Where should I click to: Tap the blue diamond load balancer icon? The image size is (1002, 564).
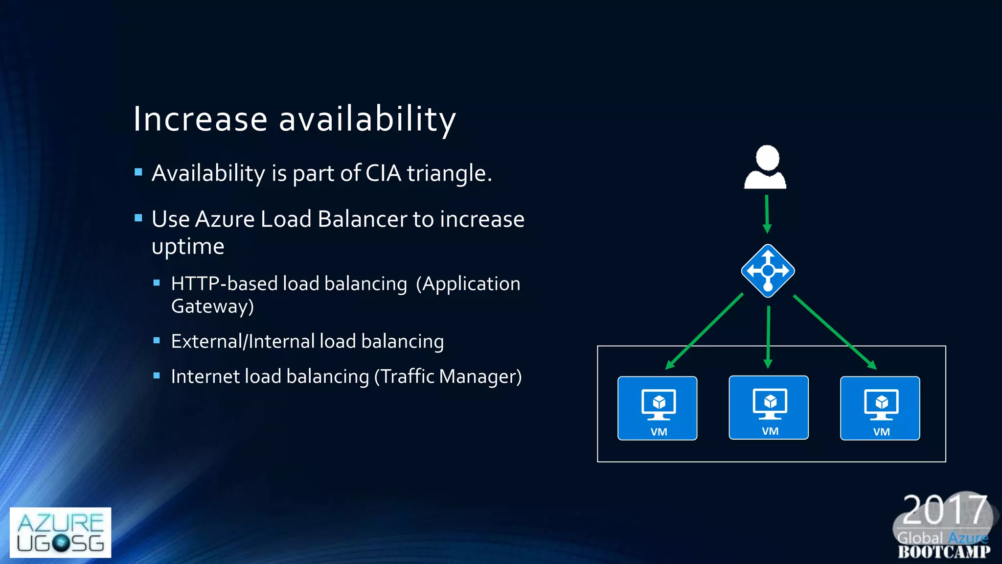768,271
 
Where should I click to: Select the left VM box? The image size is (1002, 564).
657,408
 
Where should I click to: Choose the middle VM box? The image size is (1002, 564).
768,407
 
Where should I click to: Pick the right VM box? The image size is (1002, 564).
880,408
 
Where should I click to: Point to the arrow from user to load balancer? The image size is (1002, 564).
767,213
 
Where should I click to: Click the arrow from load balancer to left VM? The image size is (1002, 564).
705,331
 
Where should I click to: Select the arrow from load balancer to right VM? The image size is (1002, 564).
834,331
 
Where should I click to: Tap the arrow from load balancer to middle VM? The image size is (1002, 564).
768,337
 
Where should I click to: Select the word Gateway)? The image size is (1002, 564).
212,306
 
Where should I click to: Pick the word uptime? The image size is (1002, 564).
188,246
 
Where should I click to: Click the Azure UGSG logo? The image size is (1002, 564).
60,532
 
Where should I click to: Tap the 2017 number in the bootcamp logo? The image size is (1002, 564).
944,510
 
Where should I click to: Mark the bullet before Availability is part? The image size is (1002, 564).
138,172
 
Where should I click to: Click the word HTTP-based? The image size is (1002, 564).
224,284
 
